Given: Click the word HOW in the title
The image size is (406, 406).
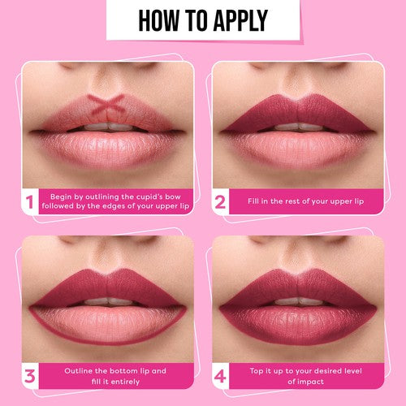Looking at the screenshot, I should click(159, 20).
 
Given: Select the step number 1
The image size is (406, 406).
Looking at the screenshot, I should click(30, 201).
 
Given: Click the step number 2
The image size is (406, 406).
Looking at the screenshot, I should click(219, 201).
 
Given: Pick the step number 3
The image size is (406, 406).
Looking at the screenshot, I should click(30, 376).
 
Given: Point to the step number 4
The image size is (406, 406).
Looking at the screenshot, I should click(219, 376).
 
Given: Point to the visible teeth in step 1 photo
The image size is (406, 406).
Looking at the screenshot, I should click(107, 127).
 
